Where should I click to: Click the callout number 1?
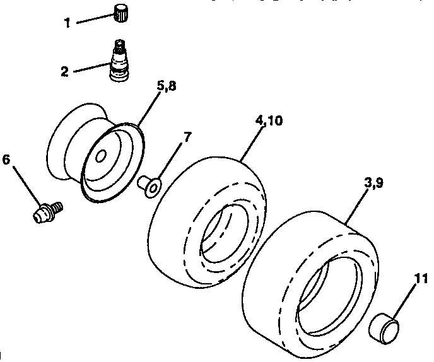coord(67,24)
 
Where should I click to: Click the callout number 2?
coord(64,71)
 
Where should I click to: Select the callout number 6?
coord(6,160)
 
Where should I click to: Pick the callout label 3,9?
coord(373,184)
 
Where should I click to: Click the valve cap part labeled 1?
coord(120,11)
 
